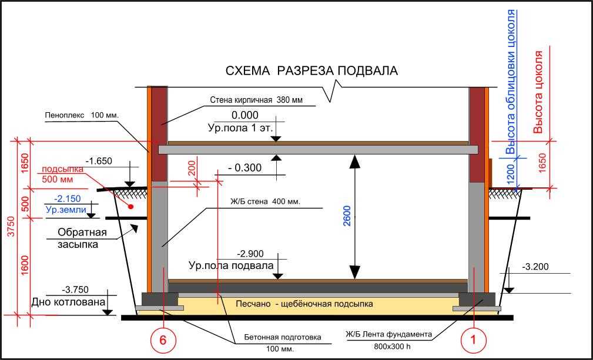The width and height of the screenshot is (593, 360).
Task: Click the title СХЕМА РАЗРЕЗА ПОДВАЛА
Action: pyautogui.click(x=311, y=70)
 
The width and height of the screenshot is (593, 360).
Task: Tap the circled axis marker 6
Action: pyautogui.click(x=163, y=340)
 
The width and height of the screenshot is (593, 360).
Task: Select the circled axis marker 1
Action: pyautogui.click(x=473, y=340)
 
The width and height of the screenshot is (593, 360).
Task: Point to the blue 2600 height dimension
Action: pyautogui.click(x=347, y=216)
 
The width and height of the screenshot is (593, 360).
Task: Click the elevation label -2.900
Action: pyautogui.click(x=250, y=254)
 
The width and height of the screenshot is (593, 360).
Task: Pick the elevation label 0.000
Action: pyautogui.click(x=244, y=115)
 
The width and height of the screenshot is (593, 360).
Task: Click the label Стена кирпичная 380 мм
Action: pyautogui.click(x=256, y=100)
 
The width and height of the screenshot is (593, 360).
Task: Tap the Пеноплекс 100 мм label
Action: pyautogui.click(x=82, y=115)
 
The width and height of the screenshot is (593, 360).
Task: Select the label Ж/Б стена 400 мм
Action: pyautogui.click(x=265, y=201)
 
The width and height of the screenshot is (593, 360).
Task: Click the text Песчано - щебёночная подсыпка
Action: pyautogui.click(x=304, y=304)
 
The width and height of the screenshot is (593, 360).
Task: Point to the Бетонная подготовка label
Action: pyautogui.click(x=282, y=337)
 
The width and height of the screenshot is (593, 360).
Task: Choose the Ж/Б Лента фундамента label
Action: pyautogui.click(x=389, y=334)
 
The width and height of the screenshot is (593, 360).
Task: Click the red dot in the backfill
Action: pyautogui.click(x=131, y=207)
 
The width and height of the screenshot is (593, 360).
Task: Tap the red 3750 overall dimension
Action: pyautogui.click(x=11, y=227)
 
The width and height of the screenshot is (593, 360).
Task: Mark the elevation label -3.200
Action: pyautogui.click(x=535, y=267)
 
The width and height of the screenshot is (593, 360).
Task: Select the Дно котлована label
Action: pyautogui.click(x=68, y=302)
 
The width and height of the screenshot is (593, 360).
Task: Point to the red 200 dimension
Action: pyautogui.click(x=192, y=168)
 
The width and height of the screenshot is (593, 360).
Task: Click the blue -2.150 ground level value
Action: pyautogui.click(x=68, y=198)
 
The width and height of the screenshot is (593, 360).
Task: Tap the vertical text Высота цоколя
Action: pyautogui.click(x=538, y=92)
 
